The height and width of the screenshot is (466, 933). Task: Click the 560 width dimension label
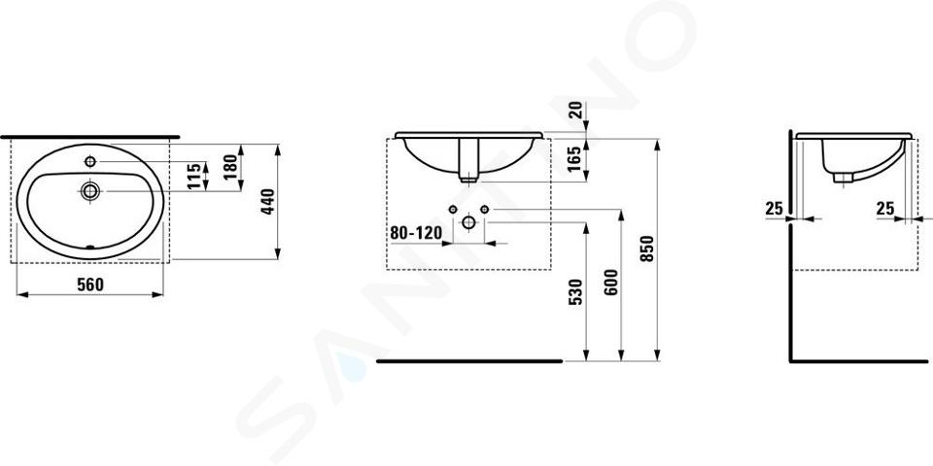coord(90,284)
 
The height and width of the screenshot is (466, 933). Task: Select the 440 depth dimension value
coord(268,202)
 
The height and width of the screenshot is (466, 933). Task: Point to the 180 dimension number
coord(231,166)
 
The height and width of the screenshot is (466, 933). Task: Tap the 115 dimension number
coord(194,176)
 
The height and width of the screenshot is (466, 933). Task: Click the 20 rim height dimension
coord(575,111)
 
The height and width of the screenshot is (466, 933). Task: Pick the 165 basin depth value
coord(574,159)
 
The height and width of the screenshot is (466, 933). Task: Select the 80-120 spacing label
coord(417,233)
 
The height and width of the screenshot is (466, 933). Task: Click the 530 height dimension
coord(574,292)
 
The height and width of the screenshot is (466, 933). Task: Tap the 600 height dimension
coord(612,282)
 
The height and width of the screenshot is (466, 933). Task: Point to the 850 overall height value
coord(648,249)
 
